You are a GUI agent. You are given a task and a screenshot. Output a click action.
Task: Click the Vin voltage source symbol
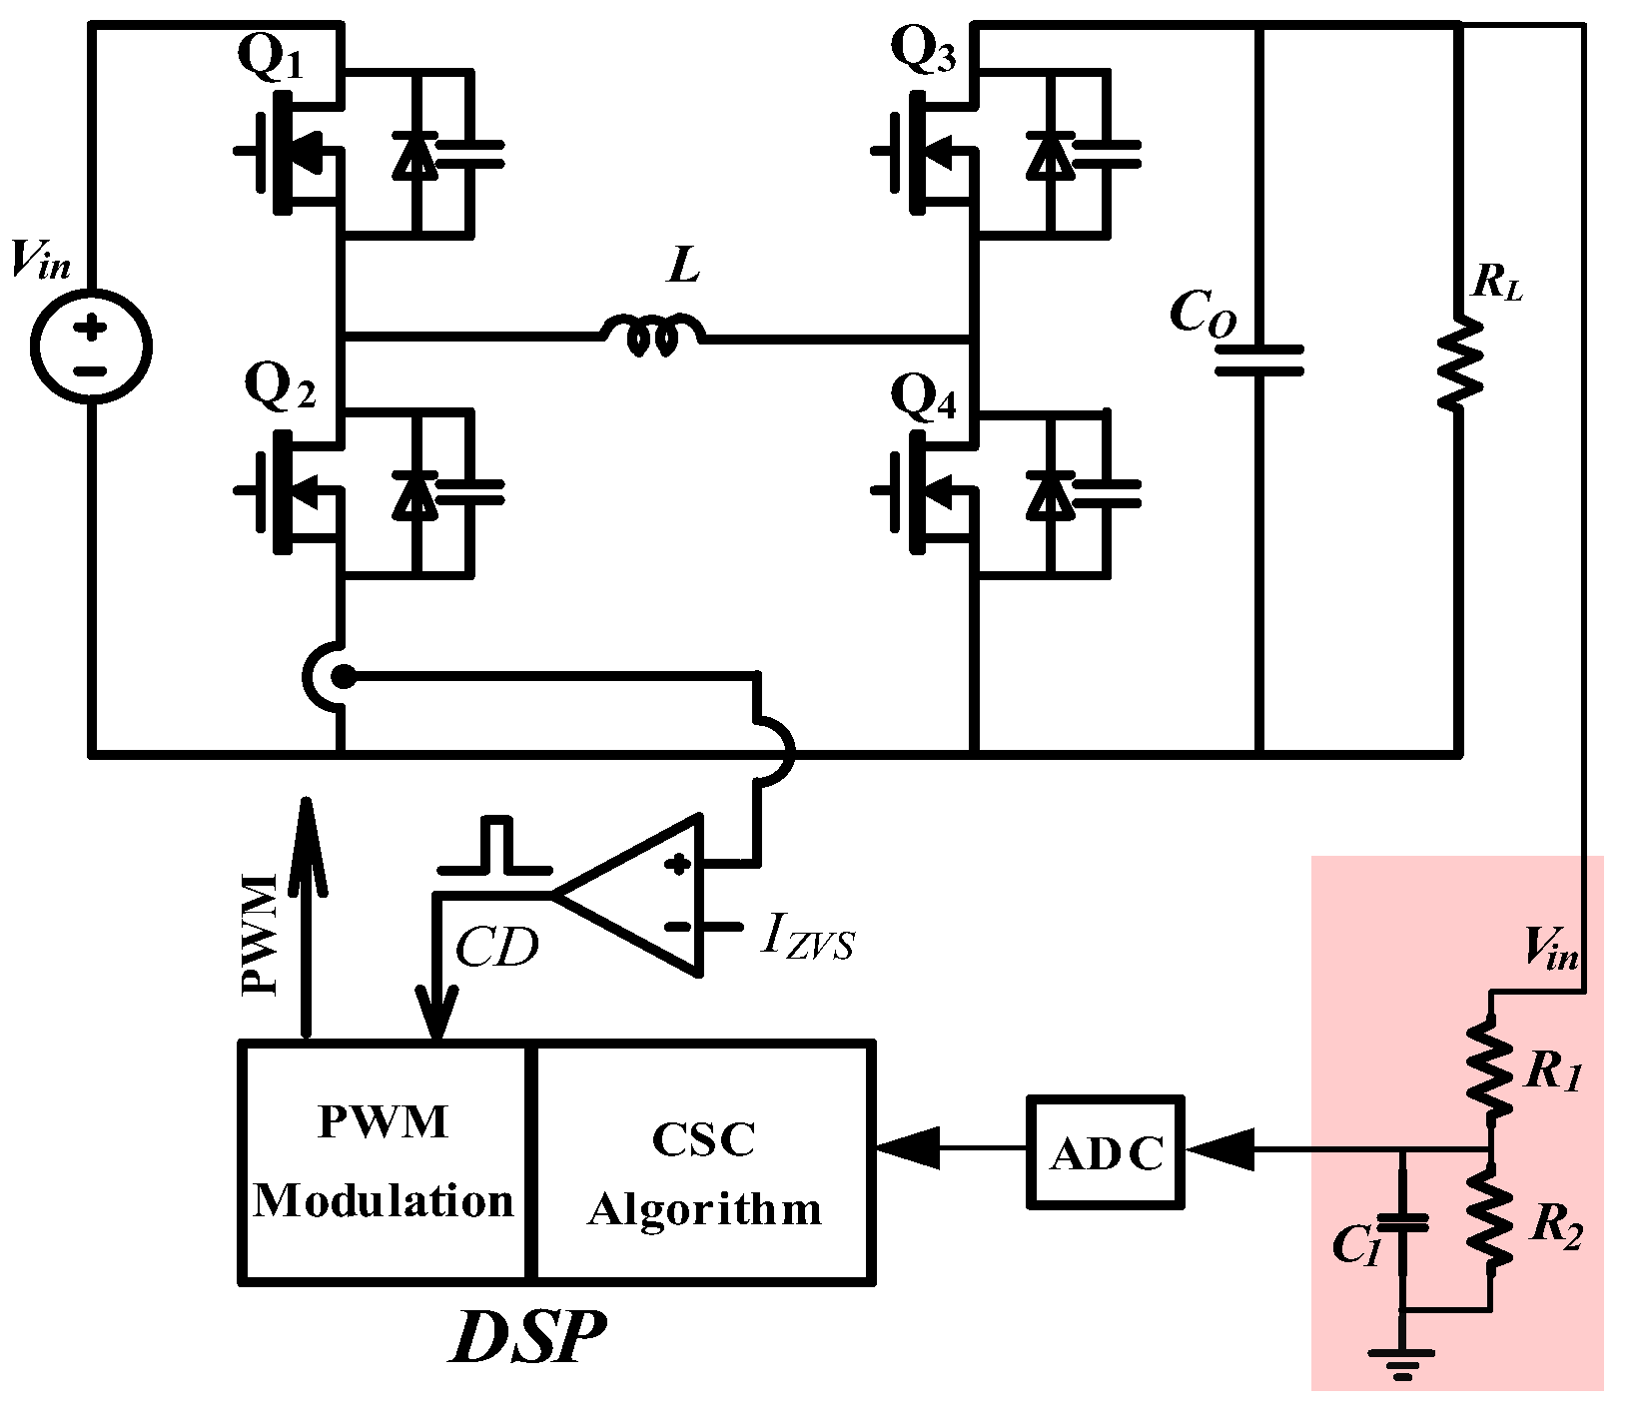click(x=90, y=347)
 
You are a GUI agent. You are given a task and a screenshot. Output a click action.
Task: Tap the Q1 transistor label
click(x=270, y=58)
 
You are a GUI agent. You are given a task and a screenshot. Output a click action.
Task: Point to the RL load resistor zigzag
click(x=1459, y=362)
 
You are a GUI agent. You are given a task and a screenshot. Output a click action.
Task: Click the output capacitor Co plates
click(x=1258, y=360)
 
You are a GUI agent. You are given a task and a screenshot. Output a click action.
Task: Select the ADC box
click(x=1106, y=1153)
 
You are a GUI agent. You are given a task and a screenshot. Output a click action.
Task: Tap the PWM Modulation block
click(x=384, y=1160)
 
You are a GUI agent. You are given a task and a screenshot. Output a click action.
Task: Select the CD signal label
click(x=496, y=947)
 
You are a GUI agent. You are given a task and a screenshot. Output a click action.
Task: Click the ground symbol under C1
click(x=1402, y=1362)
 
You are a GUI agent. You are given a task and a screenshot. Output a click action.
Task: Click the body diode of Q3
click(x=1048, y=156)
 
